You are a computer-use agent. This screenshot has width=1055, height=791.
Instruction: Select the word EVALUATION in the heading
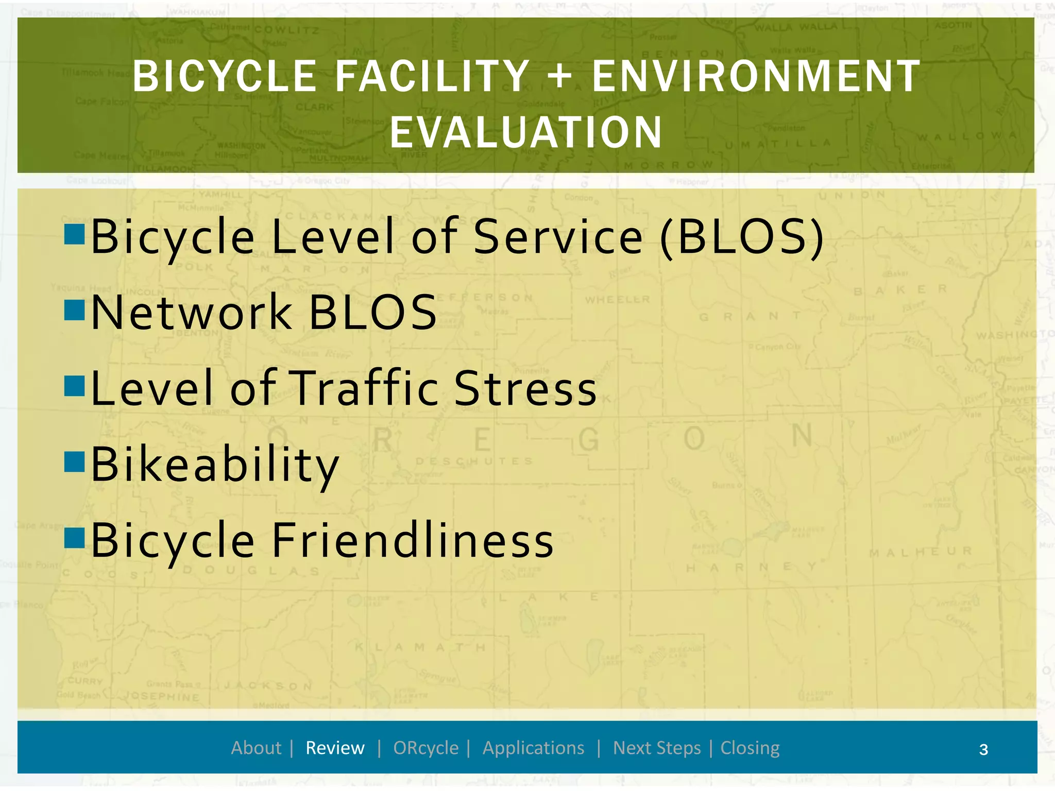526,132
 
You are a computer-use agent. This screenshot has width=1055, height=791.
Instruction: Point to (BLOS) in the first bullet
742,236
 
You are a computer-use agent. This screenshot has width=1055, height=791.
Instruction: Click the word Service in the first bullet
558,236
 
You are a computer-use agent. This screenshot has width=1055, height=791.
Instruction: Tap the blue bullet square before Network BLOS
74,310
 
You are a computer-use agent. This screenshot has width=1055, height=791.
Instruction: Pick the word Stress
525,388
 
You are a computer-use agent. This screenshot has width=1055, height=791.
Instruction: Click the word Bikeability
215,465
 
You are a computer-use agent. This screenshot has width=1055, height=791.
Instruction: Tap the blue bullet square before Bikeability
74,461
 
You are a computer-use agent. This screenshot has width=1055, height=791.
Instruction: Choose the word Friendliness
412,540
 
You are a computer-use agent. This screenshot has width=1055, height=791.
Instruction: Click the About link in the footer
256,748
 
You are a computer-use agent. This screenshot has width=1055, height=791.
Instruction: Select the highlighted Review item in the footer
335,748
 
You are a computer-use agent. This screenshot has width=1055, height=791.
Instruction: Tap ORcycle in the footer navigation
426,748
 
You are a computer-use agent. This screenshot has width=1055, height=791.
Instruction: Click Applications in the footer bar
533,748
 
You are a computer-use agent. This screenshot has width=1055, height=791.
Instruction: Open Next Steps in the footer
657,748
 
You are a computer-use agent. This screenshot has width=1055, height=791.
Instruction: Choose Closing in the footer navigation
750,748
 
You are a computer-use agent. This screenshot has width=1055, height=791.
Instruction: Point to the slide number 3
983,749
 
